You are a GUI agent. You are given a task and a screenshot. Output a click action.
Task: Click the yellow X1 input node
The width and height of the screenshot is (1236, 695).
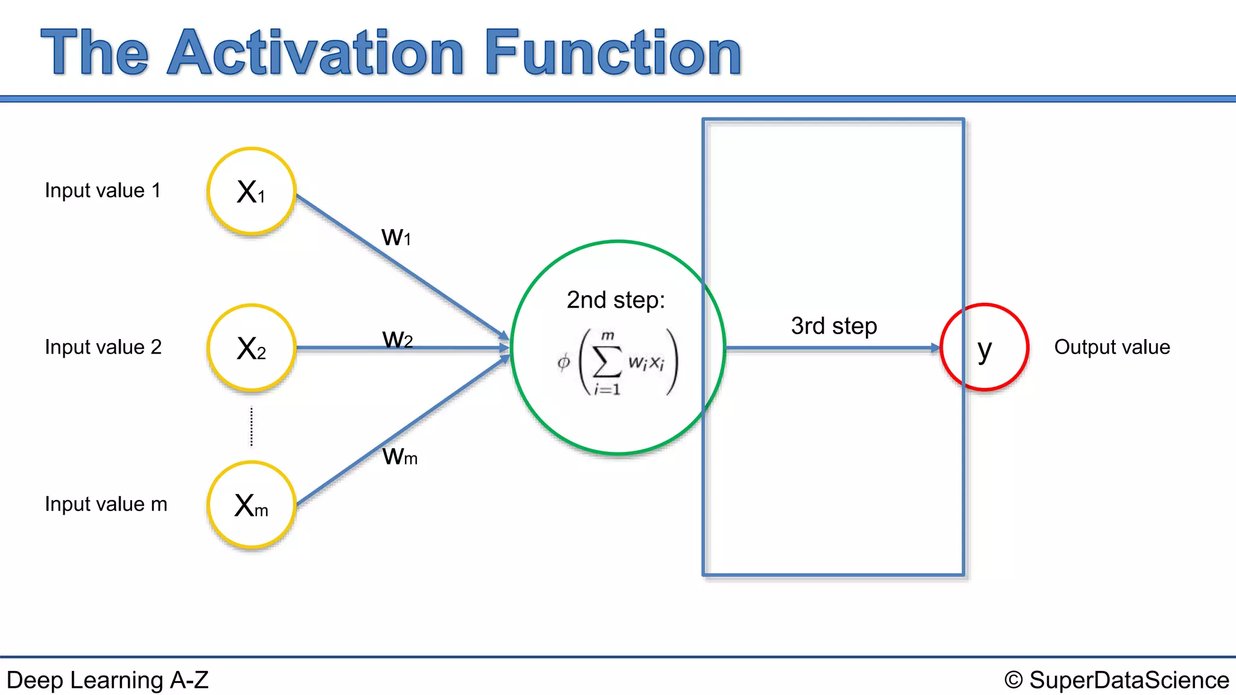[x=251, y=191]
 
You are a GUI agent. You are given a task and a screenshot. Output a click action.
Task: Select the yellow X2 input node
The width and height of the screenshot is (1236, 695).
[x=251, y=348]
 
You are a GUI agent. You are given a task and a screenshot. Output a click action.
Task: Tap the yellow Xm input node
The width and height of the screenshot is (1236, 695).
[x=251, y=505]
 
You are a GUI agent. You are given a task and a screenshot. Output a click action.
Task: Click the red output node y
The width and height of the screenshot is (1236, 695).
[x=984, y=347]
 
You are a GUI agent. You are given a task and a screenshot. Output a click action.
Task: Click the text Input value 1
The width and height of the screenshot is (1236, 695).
[x=103, y=191]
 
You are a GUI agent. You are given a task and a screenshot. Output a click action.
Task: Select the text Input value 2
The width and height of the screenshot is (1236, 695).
[x=103, y=347]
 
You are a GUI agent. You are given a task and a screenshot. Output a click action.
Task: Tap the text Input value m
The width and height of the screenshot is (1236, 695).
[x=106, y=504]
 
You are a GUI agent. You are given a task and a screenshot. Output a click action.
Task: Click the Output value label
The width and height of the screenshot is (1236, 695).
[x=1112, y=347]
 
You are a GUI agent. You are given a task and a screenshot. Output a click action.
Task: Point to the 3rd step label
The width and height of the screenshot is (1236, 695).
[x=834, y=326]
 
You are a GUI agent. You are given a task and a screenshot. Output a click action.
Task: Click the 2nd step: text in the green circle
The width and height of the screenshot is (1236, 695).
[x=616, y=300]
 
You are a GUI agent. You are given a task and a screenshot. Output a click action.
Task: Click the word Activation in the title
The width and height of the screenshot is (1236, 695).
[x=316, y=53]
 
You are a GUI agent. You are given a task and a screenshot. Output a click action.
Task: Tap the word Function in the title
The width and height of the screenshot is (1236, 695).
[x=613, y=53]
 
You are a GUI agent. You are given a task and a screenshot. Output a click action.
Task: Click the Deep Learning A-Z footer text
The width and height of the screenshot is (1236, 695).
[x=107, y=681]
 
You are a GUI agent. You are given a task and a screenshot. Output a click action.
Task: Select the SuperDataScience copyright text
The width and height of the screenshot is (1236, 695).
[x=1117, y=681]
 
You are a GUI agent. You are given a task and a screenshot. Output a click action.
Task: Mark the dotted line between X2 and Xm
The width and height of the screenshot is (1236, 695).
[x=252, y=427]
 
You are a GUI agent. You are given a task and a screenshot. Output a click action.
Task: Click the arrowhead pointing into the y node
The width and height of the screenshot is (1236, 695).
[x=935, y=348]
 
